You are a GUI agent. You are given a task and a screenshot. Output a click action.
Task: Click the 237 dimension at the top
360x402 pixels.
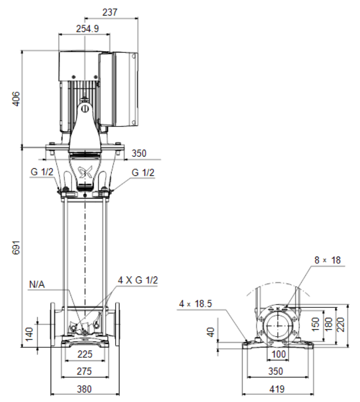[110, 12]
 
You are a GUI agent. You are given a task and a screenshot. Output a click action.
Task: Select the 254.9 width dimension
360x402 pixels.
[87, 29]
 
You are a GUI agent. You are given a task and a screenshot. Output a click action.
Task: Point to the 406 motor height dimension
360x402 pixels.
[16, 98]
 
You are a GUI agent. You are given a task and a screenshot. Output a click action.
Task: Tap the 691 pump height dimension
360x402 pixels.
[16, 248]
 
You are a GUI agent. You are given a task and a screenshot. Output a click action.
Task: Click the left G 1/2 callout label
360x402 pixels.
[42, 172]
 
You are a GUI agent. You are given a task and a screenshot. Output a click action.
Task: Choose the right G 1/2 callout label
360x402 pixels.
[143, 172]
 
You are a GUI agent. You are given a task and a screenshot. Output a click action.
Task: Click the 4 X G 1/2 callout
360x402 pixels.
[138, 280]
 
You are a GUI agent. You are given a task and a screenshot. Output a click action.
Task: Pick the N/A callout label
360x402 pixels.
[37, 284]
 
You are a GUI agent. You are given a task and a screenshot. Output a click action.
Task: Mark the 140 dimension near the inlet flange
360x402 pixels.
[30, 334]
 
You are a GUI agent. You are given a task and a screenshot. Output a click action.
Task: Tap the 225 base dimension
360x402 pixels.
[85, 354]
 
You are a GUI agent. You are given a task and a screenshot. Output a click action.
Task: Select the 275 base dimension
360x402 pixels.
[84, 371]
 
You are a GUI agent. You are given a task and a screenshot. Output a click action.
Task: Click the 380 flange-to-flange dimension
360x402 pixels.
[84, 389]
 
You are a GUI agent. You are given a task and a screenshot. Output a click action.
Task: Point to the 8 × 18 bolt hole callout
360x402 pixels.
[327, 260]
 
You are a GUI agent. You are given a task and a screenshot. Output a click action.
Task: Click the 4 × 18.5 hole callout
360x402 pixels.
[195, 304]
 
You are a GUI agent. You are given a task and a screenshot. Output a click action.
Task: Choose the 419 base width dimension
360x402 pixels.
[277, 389]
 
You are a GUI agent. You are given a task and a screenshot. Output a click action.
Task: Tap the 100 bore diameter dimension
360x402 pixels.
[278, 354]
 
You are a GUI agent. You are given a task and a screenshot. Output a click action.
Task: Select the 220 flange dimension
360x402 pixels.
[341, 325]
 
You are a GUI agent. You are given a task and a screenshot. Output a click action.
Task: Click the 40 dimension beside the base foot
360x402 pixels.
[210, 332]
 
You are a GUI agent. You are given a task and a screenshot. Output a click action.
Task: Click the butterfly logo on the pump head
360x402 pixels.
[85, 172]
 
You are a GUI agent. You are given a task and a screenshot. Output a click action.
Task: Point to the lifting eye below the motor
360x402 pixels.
[85, 109]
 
